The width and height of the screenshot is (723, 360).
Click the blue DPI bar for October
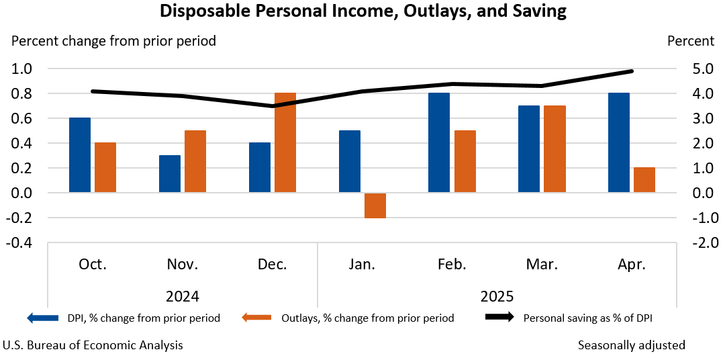point(80,155)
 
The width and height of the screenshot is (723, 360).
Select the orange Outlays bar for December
point(285,143)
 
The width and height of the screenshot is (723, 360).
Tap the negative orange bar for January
point(375,206)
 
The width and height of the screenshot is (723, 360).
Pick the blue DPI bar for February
point(439,143)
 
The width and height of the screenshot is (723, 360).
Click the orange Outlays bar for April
point(644,180)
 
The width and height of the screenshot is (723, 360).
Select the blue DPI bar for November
point(170,174)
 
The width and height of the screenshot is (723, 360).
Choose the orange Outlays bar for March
point(555,149)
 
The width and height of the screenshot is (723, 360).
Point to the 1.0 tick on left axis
point(22,69)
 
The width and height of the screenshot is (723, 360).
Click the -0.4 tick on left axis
point(20,242)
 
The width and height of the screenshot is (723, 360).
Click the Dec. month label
point(272,265)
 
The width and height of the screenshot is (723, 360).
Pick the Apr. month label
point(632,265)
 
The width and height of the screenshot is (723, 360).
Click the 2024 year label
point(182,296)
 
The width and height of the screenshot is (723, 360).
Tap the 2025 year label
point(497,296)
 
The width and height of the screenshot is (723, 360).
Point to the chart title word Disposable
point(201,11)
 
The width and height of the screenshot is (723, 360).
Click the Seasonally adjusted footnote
point(631,345)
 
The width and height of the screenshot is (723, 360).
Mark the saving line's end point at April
point(632,71)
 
